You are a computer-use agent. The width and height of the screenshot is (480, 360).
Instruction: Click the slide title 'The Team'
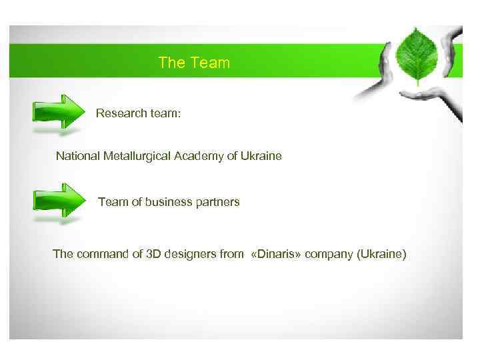(x=194, y=63)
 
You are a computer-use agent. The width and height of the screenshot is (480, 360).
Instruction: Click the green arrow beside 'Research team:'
(x=59, y=111)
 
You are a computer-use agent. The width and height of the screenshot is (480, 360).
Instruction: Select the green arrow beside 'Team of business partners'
(x=59, y=199)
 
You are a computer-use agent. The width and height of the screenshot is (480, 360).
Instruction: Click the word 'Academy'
(x=197, y=156)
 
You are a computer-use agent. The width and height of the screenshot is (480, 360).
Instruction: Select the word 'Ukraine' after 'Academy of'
(x=261, y=156)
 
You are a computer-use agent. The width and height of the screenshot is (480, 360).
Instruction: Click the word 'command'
(x=99, y=254)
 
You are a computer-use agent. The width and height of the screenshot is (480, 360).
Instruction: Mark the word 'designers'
(x=190, y=254)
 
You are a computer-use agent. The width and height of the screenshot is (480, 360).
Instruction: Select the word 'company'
(x=331, y=254)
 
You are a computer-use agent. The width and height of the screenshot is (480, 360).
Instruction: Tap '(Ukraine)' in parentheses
(x=381, y=254)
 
